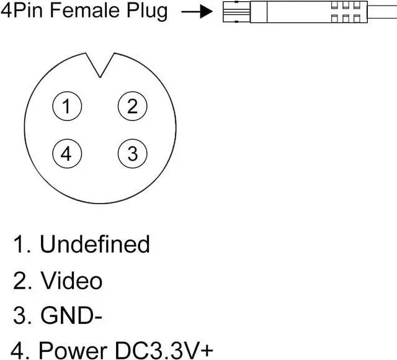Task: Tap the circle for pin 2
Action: click(x=132, y=107)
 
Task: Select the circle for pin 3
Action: click(x=132, y=153)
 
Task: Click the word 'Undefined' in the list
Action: click(x=94, y=244)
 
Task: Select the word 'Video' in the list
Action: click(x=71, y=281)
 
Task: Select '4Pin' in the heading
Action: click(x=19, y=11)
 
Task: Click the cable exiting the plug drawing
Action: click(x=382, y=12)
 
